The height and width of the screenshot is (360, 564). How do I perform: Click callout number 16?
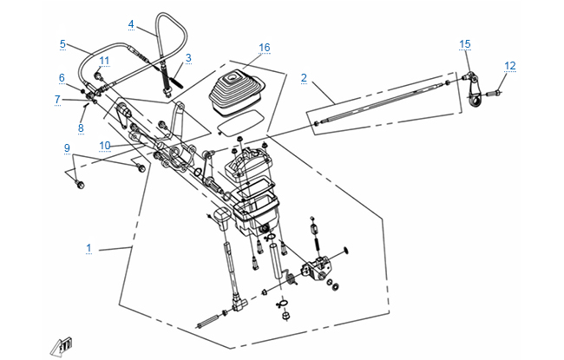coord(265,47)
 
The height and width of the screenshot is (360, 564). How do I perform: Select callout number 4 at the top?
coord(130,24)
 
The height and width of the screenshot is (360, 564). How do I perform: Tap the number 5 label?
coord(62,43)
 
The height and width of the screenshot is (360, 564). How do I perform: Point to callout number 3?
coord(188,57)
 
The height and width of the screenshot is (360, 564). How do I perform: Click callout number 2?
coord(304,78)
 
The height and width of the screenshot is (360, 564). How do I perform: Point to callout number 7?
coord(58,100)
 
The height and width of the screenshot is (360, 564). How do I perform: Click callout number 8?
coord(81,128)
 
